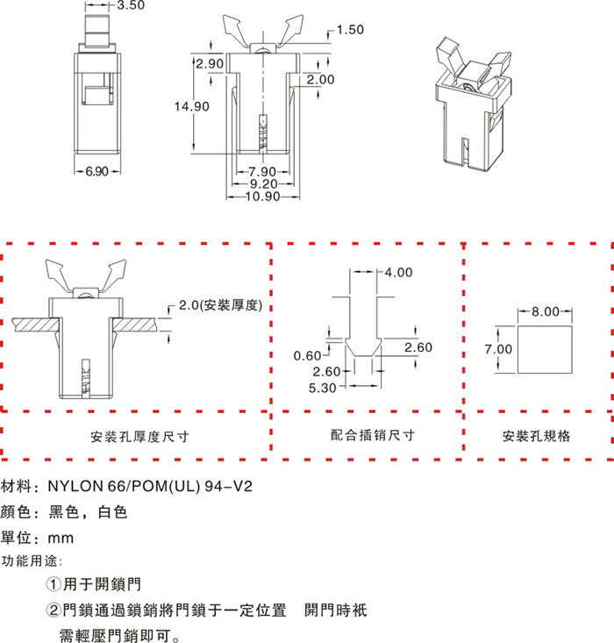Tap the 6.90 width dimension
tap(96, 172)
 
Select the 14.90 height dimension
tap(191, 106)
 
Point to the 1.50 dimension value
tap(350, 30)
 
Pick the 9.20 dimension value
tap(264, 184)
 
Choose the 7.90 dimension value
tap(263, 171)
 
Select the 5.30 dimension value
tap(324, 388)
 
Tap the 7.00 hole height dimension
tap(499, 349)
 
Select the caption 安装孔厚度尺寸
tap(139, 436)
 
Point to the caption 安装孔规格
tap(536, 436)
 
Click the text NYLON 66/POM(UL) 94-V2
tap(151, 485)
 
